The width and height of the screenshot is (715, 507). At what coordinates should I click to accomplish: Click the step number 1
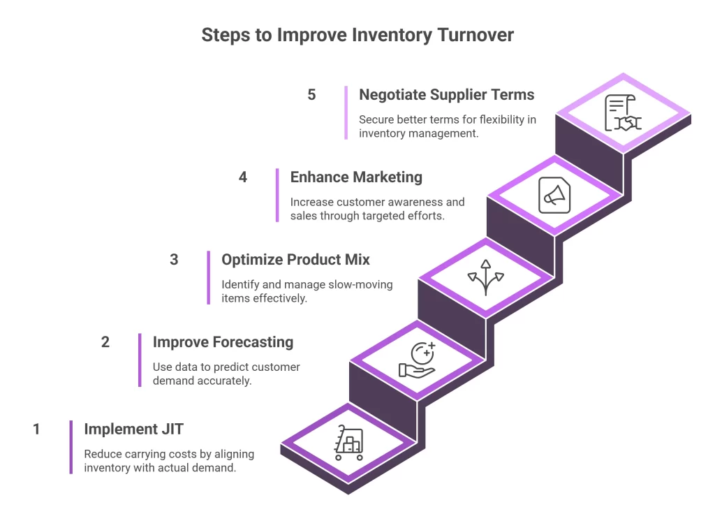point(36,429)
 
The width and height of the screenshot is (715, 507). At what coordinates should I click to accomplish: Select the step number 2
point(105,342)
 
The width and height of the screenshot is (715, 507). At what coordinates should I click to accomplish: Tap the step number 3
point(174,260)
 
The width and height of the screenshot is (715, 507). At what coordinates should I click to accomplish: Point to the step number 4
point(243,177)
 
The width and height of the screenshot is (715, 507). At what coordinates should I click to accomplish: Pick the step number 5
point(311,95)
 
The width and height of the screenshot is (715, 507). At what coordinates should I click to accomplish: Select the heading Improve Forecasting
point(223,342)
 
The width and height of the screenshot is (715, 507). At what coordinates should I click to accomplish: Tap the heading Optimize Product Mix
point(295,260)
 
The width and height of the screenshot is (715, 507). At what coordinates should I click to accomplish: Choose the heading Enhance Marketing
point(356,177)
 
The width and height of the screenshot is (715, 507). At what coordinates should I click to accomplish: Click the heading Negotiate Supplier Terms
point(446,95)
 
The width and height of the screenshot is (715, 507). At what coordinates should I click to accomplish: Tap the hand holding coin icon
point(417,360)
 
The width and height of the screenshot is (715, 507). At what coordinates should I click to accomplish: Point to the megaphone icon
point(554,195)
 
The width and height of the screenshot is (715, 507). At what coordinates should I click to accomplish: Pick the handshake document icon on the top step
point(623,113)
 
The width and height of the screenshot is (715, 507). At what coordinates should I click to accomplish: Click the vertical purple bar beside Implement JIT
point(71,447)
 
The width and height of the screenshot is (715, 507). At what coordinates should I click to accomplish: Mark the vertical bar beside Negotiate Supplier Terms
point(346,112)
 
